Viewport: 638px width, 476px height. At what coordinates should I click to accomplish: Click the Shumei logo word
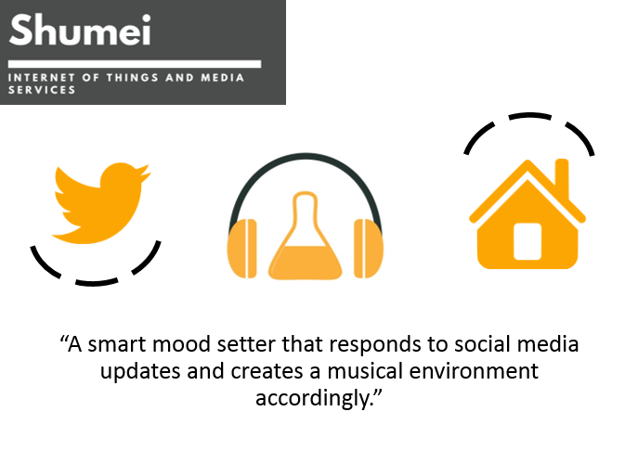(x=80, y=30)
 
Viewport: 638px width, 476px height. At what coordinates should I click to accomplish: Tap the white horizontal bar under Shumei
(x=135, y=64)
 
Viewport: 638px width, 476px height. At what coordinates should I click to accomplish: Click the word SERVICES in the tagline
(x=42, y=90)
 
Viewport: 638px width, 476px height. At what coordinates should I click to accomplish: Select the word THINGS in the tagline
(x=132, y=77)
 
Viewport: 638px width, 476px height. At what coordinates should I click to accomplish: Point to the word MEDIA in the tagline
(x=222, y=77)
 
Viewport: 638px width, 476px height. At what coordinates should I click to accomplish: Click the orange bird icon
(x=101, y=203)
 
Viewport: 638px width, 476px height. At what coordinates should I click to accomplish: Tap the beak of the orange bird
(x=145, y=172)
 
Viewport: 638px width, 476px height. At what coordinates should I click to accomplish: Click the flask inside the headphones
(x=305, y=236)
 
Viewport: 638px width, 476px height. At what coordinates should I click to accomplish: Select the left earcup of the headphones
(x=241, y=249)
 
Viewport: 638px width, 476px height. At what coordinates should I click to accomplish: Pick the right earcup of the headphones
(x=369, y=249)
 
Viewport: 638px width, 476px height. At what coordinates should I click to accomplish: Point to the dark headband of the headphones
(x=306, y=154)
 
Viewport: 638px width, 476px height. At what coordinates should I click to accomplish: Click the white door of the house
(x=527, y=241)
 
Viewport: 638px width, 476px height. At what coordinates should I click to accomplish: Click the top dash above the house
(x=529, y=116)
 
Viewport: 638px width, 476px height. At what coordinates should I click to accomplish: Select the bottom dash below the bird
(x=97, y=282)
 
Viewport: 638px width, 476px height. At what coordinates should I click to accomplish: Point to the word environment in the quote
(x=474, y=371)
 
